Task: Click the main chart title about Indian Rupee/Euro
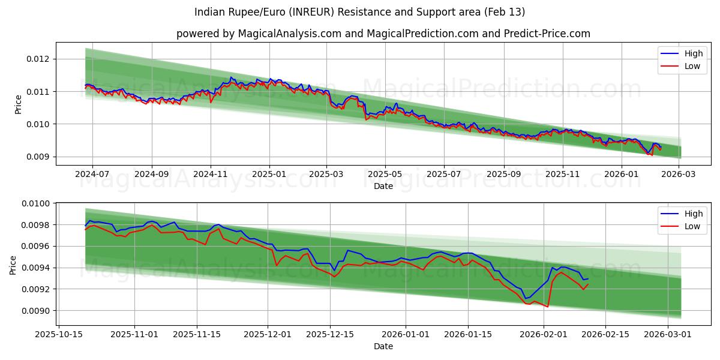coord(360,12)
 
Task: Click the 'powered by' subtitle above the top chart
coord(383,34)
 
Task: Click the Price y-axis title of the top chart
coord(18,104)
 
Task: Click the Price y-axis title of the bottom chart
coord(13,265)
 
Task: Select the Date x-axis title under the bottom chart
coord(383,346)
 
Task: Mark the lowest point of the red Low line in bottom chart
coord(547,307)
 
